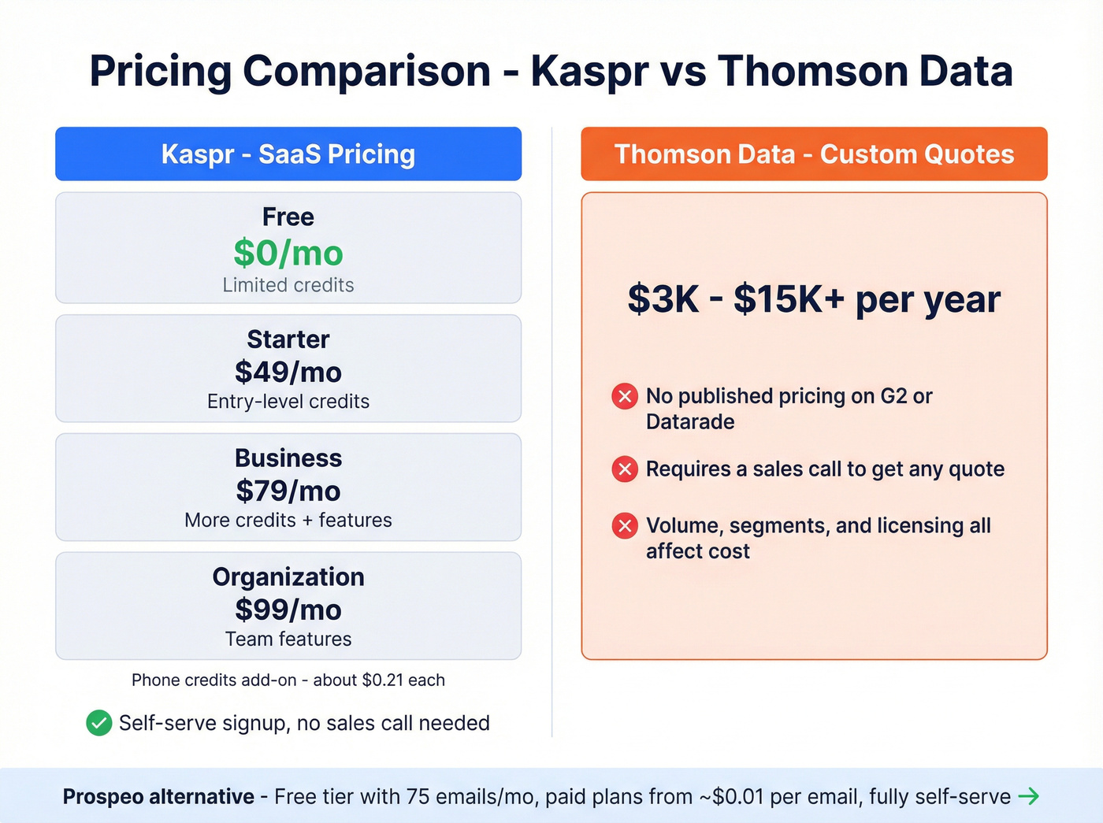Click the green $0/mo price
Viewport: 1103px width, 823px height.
tap(288, 254)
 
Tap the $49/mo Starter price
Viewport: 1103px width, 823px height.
tap(288, 373)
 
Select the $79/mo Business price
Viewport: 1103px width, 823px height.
tap(288, 491)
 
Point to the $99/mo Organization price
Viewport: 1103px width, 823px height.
tap(288, 610)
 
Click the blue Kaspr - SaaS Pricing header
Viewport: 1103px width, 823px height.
tap(288, 154)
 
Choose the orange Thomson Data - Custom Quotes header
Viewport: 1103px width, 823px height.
tap(814, 154)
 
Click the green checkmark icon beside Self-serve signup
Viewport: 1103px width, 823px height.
tap(99, 722)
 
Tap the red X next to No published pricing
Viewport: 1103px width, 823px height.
tap(625, 396)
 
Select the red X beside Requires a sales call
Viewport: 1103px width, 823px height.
tap(625, 469)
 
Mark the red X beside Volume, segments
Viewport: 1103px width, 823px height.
tap(625, 525)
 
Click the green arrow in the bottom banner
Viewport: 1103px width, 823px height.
tap(1029, 796)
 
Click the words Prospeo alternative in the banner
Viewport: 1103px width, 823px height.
tap(158, 796)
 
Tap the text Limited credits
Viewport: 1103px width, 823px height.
tap(288, 285)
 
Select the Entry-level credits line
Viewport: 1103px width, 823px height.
tap(288, 402)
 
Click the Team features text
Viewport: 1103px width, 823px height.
tap(288, 639)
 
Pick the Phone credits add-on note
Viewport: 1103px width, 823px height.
tap(288, 680)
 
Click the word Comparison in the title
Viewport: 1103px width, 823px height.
tap(366, 71)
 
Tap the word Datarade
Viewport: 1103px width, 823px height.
tap(690, 422)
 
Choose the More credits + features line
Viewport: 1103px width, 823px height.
tap(288, 521)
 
